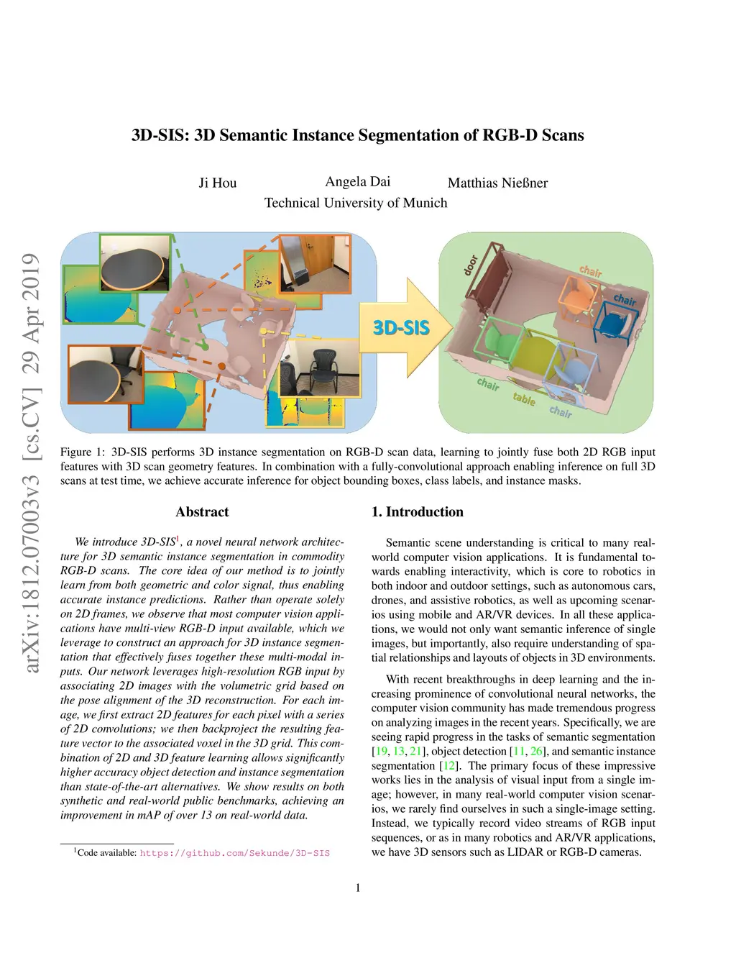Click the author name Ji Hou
(x=217, y=183)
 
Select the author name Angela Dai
(x=357, y=181)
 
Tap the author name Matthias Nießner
(x=497, y=183)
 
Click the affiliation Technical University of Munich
(x=356, y=203)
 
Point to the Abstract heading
(x=202, y=512)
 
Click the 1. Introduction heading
(x=417, y=512)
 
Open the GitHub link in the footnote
(x=234, y=853)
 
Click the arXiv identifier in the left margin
(x=30, y=463)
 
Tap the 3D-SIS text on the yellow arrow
(x=401, y=328)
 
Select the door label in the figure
(x=471, y=265)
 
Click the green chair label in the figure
(x=488, y=384)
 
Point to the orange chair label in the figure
(x=590, y=271)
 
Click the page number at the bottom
(x=358, y=888)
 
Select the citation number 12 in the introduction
(x=449, y=766)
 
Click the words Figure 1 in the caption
(x=76, y=452)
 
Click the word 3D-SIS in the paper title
(x=158, y=135)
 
